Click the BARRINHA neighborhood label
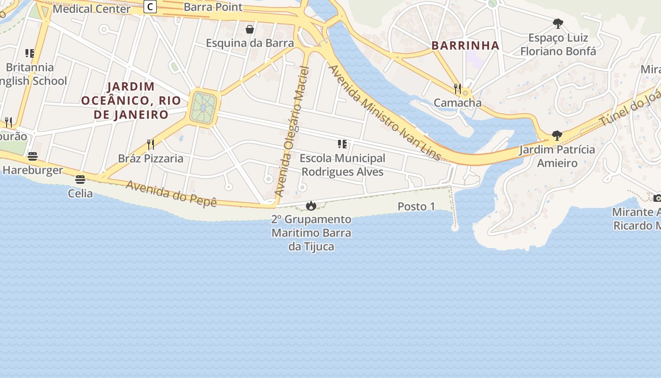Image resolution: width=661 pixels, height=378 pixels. pyautogui.click(x=465, y=45)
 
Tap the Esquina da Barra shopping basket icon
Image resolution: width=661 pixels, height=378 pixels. pyautogui.click(x=250, y=29)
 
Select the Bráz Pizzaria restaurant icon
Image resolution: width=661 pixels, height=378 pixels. pyautogui.click(x=151, y=144)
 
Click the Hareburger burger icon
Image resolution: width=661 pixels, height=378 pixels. pyautogui.click(x=33, y=156)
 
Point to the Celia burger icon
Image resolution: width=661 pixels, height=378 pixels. pyautogui.click(x=80, y=180)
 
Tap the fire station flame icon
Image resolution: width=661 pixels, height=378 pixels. pyautogui.click(x=311, y=206)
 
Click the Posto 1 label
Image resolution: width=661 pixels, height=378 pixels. pyautogui.click(x=416, y=206)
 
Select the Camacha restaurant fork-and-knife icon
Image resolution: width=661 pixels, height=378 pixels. pyautogui.click(x=457, y=88)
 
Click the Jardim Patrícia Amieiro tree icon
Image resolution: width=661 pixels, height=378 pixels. pyautogui.click(x=557, y=136)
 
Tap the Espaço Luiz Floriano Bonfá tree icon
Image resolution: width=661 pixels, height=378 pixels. pyautogui.click(x=558, y=23)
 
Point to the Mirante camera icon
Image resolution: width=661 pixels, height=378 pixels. pyautogui.click(x=657, y=198)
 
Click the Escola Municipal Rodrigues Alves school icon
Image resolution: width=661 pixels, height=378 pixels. pyautogui.click(x=342, y=144)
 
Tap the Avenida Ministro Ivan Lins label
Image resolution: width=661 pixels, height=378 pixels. pyautogui.click(x=384, y=112)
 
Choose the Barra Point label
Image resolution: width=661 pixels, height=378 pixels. pyautogui.click(x=213, y=7)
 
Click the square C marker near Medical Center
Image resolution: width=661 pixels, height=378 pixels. pyautogui.click(x=150, y=7)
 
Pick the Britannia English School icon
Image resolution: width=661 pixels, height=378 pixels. pyautogui.click(x=30, y=53)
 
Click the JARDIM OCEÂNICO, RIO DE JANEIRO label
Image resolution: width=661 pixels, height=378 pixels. pyautogui.click(x=131, y=100)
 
